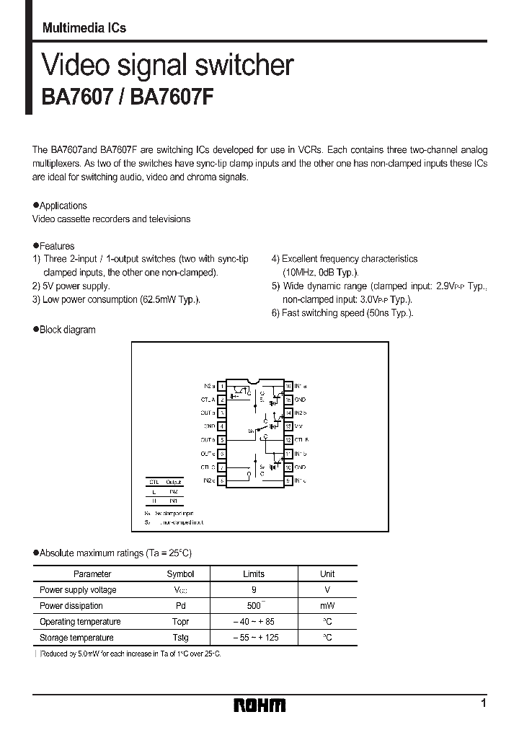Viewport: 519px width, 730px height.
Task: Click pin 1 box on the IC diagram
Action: tap(222, 386)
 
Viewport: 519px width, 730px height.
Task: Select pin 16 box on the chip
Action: tap(288, 386)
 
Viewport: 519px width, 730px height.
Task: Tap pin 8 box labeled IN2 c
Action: tap(222, 480)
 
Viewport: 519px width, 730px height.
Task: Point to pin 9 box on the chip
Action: tap(288, 480)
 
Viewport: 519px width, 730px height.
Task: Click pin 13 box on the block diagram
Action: tap(288, 426)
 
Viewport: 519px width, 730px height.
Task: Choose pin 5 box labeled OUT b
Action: tap(222, 439)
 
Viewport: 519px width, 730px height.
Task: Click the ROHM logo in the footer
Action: tap(260, 705)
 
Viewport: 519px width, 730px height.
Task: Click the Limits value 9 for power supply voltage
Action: tap(254, 590)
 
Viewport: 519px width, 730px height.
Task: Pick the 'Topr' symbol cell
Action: tap(180, 622)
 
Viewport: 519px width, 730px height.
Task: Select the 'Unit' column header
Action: tap(327, 574)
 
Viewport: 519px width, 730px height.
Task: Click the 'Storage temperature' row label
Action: tap(76, 638)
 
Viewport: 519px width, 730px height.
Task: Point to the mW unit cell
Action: tap(327, 606)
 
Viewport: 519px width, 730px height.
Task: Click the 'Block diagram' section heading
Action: tap(67, 330)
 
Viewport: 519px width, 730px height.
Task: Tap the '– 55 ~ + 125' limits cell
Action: tap(254, 638)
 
